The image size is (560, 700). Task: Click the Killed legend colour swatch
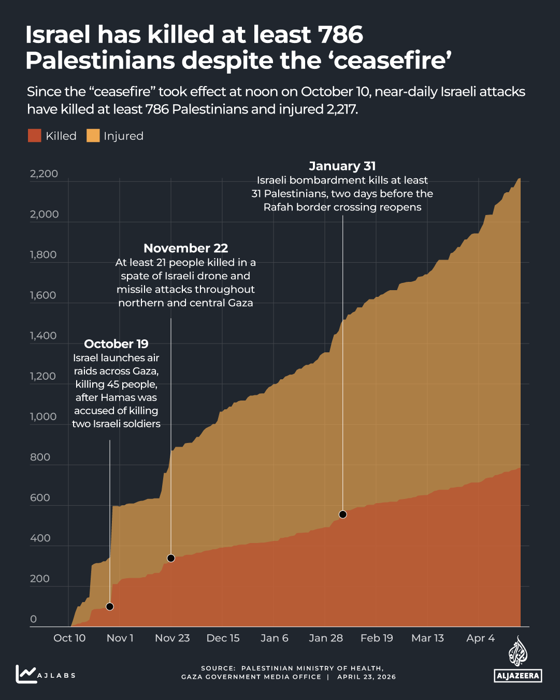[34, 136]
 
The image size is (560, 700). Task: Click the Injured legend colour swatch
[93, 136]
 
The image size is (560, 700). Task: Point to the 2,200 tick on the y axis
[44, 174]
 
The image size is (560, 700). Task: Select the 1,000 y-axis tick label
[44, 417]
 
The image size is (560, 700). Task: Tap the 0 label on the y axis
[34, 619]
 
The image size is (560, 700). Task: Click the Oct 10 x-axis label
[69, 638]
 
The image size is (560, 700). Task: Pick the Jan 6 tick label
[274, 638]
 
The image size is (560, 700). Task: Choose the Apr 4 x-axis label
[480, 638]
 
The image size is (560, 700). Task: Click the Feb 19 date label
[377, 638]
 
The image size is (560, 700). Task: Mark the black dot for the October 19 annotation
[110, 607]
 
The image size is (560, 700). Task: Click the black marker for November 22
[171, 558]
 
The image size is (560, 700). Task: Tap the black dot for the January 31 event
[342, 515]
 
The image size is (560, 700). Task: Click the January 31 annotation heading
[342, 166]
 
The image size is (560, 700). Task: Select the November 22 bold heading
[185, 248]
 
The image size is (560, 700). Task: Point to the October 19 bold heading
[116, 344]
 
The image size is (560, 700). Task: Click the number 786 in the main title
[340, 35]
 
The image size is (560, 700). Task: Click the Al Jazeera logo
[518, 661]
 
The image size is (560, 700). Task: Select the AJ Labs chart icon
[25, 674]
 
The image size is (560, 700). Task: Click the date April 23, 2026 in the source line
[366, 677]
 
